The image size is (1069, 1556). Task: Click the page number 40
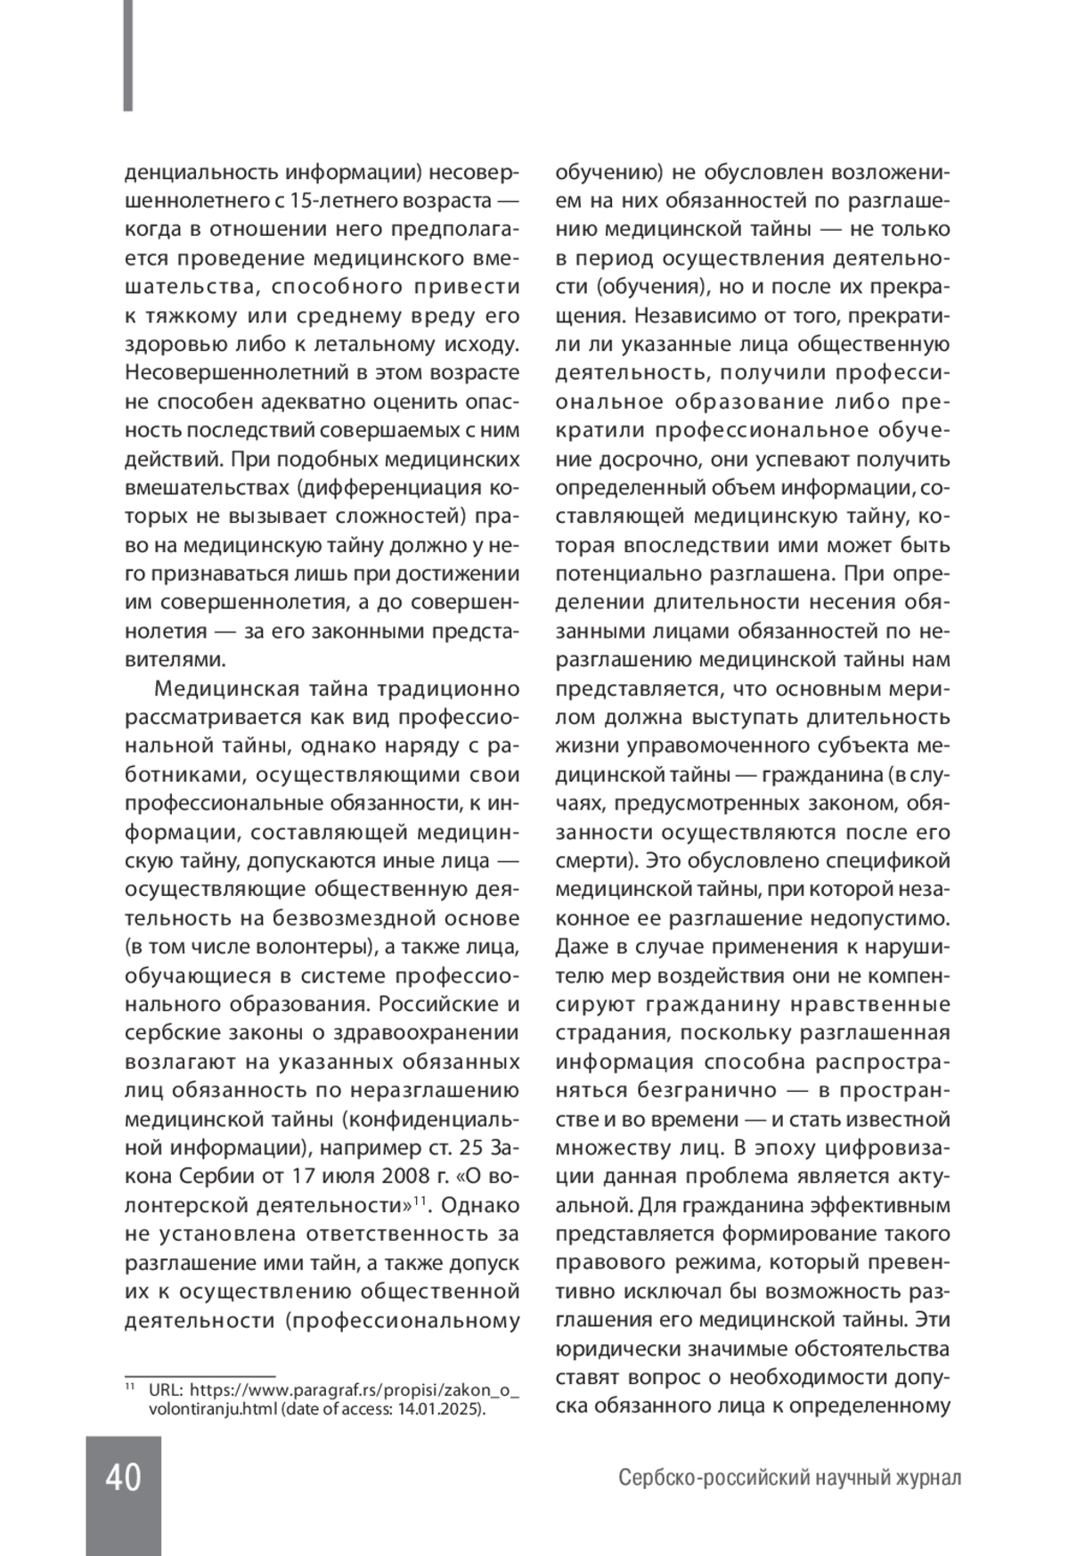pyautogui.click(x=123, y=1478)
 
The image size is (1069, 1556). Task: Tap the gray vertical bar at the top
pyautogui.click(x=128, y=55)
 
